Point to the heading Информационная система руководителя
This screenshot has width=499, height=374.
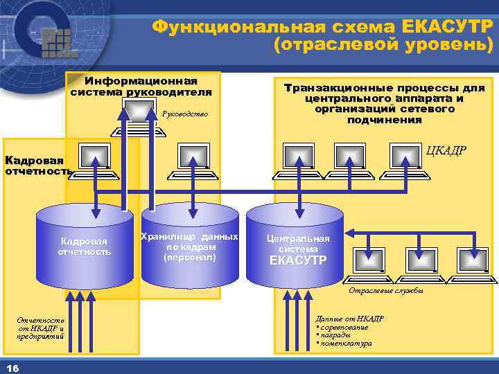pos(141,87)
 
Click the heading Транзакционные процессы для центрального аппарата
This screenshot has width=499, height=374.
pos(385,104)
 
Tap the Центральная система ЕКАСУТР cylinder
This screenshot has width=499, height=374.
pos(297,248)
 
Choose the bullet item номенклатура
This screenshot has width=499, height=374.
pos(347,343)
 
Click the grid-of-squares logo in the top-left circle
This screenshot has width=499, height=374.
pos(59,42)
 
